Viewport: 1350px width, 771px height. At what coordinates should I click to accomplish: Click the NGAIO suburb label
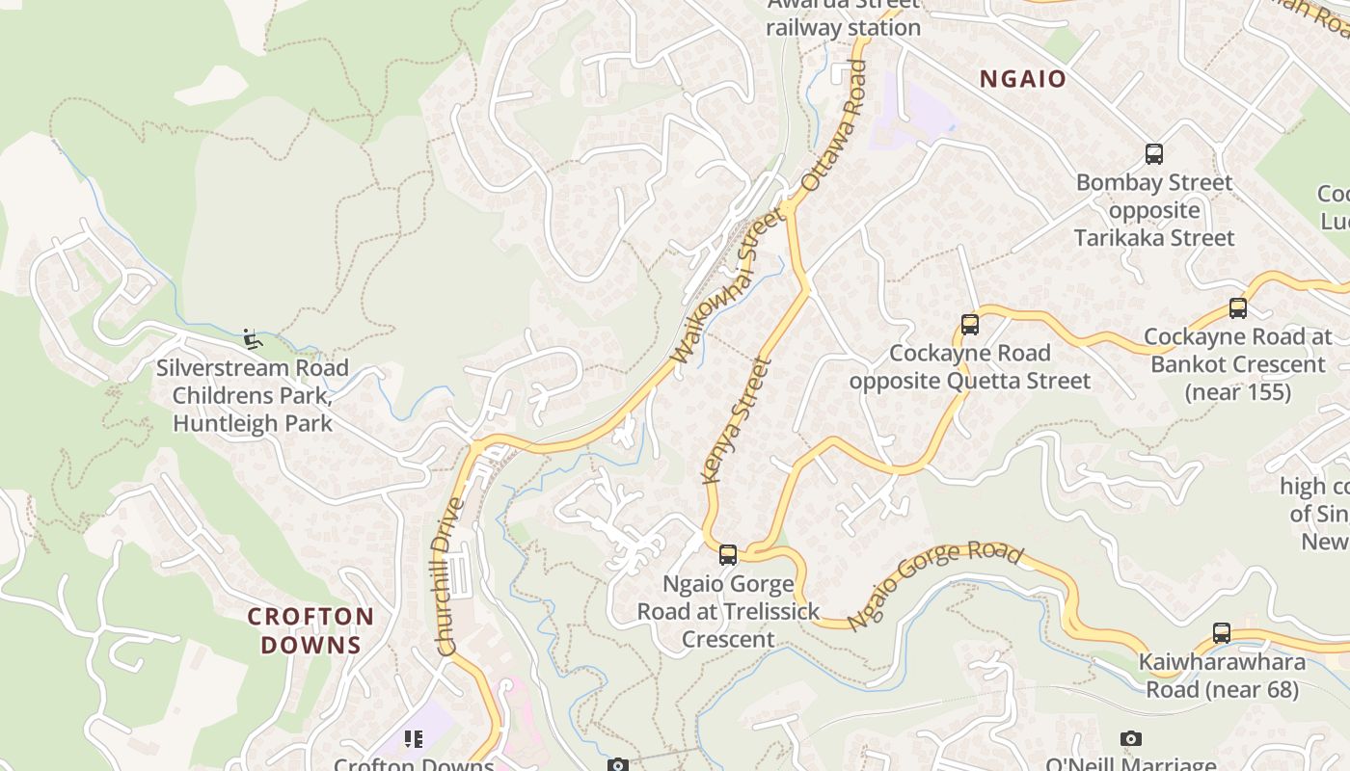click(x=1023, y=79)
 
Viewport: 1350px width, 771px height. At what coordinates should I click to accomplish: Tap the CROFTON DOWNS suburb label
click(x=310, y=630)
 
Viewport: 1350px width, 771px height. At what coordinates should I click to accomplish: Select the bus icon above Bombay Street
click(x=1153, y=154)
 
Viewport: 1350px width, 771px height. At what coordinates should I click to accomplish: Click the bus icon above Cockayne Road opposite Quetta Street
click(x=970, y=325)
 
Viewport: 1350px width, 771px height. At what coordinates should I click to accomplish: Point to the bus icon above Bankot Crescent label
click(x=1238, y=308)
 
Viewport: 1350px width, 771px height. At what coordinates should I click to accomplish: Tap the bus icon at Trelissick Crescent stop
click(x=728, y=555)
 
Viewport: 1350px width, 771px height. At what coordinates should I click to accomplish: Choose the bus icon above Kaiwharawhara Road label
click(x=1222, y=633)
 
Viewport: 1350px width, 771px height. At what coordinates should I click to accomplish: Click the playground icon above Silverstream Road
click(x=252, y=338)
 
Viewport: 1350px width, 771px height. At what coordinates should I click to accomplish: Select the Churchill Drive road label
click(x=450, y=576)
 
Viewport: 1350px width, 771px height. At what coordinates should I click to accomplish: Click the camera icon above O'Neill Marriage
click(x=1131, y=739)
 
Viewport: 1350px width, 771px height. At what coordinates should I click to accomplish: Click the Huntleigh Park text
click(x=252, y=423)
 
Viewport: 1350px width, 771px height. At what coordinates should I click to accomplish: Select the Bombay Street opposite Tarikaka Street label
click(x=1154, y=210)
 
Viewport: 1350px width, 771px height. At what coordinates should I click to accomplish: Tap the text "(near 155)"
click(x=1238, y=392)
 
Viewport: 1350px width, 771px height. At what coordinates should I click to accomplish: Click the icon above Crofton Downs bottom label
click(x=414, y=739)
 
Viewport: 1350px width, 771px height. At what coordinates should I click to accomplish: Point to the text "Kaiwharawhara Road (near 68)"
click(x=1222, y=676)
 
